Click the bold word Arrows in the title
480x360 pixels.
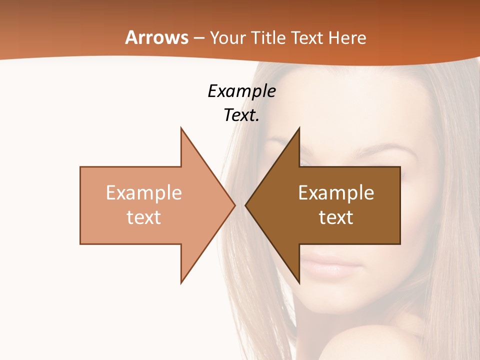point(156,37)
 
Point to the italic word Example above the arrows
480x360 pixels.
point(241,91)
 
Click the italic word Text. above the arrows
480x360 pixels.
point(241,115)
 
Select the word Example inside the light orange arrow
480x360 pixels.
point(144,193)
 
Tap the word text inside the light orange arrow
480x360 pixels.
point(144,217)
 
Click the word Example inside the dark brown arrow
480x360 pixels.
point(336,193)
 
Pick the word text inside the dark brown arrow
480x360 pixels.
point(336,217)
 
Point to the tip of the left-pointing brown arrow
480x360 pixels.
point(246,205)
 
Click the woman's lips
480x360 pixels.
point(330,265)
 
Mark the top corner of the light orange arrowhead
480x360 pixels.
point(181,128)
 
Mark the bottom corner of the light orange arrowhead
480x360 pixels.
point(181,282)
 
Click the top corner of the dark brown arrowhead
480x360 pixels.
point(299,128)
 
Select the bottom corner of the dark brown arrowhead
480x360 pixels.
point(299,282)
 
